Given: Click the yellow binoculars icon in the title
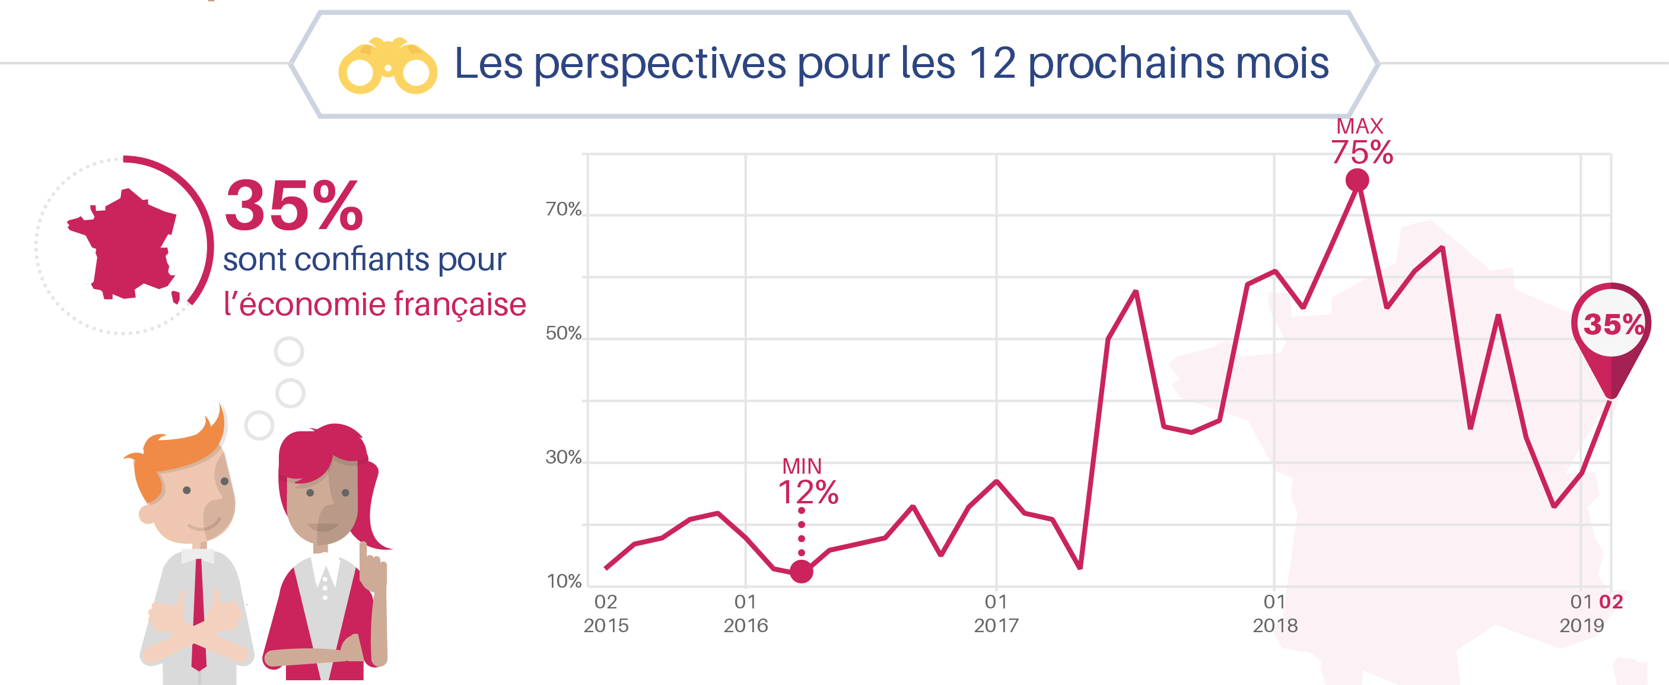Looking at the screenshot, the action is pos(387,66).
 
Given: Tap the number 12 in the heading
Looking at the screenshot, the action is pos(992,63).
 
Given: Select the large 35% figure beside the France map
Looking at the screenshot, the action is pos(294,205).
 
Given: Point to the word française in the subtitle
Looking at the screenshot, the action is pos(459,304).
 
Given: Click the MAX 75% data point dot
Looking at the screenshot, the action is pos(1357,180).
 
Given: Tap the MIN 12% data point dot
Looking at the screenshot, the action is pos(802,571).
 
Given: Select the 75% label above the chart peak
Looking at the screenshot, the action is pos(1362,153).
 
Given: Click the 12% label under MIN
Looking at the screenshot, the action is pos(808,493).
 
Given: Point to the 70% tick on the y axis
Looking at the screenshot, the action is pos(563,210).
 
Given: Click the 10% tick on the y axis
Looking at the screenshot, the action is pos(564,581).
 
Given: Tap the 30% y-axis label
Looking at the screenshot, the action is pos(563,458).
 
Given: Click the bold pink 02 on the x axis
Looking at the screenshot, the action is pos(1611,602).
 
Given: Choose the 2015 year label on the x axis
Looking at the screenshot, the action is pos(606,626).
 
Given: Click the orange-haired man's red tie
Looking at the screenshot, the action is pos(199,613).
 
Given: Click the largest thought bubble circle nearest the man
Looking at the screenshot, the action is pos(259,426).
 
